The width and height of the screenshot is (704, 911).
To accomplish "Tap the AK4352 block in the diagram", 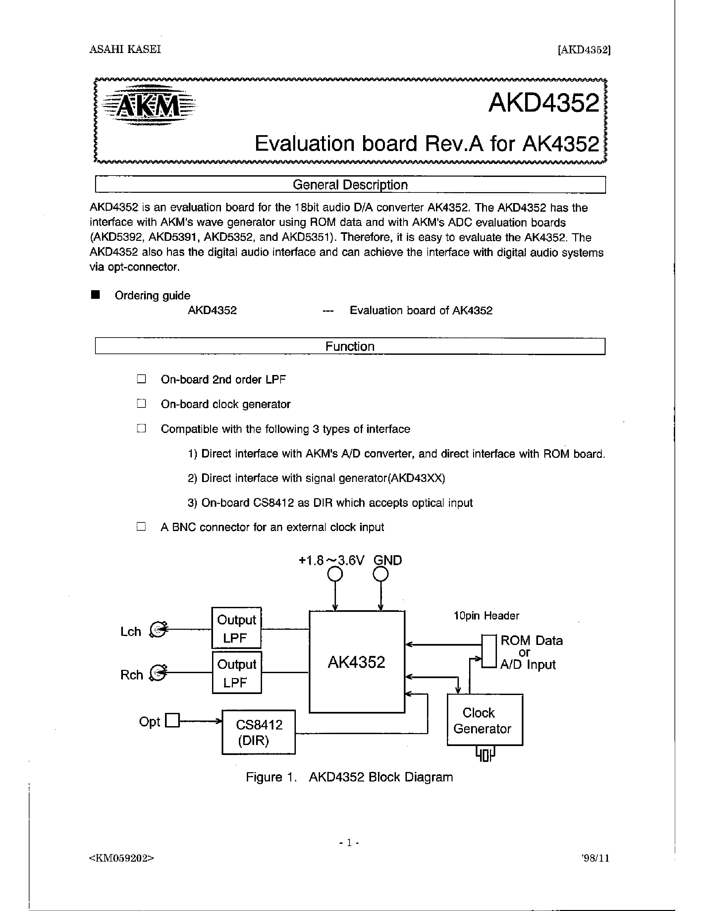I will pos(356,662).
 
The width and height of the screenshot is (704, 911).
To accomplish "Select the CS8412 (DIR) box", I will pos(259,732).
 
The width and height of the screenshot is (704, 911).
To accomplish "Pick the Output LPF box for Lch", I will pos(237,628).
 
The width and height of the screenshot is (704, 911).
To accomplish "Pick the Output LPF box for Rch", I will pos(237,673).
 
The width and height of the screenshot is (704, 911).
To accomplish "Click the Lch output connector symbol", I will pos(158,629).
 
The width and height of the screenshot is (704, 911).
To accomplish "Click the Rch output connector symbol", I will pos(158,673).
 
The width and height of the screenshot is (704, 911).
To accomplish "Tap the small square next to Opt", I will pos(172,721).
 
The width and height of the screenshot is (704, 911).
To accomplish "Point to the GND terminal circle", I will pos(380,575).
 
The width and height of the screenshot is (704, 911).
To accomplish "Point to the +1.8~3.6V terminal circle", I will pos(335,575).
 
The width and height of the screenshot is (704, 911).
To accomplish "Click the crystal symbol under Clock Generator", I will pos(485,754).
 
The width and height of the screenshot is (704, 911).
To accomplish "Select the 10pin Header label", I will pos(486,616).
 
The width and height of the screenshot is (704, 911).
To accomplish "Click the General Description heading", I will pos(350,185).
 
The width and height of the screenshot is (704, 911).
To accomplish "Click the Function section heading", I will pos(350,346).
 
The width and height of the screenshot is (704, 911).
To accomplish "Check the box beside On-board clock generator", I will pos(141,403).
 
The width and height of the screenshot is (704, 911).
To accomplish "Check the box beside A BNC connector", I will pos(141,526).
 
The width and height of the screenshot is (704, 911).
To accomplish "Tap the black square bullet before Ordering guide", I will pos(95,295).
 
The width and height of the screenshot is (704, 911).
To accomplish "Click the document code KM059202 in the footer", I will pos(121,858).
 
